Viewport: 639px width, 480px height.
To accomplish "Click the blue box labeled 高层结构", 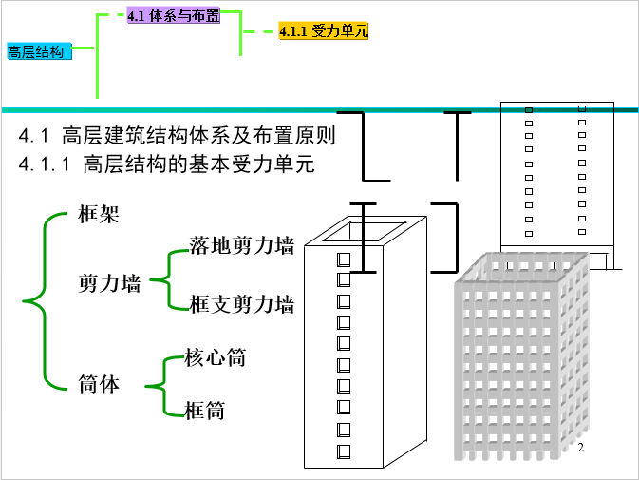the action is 39,51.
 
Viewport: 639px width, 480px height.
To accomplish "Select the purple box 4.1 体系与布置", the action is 174,15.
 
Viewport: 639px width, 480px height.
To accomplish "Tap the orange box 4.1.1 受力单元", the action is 324,30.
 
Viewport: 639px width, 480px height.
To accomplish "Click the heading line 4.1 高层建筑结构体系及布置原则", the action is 177,135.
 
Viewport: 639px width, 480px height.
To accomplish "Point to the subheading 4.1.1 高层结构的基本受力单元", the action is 166,163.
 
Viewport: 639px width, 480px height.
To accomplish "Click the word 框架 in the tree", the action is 99,214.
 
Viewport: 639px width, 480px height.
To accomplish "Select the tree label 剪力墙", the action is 109,283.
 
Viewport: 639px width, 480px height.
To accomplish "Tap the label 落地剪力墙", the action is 242,245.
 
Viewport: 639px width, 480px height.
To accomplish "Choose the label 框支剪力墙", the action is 242,304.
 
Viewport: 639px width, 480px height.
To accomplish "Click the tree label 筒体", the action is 99,384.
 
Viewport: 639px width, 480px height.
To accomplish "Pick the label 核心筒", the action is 216,357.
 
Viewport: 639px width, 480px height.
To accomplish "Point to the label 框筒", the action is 204,411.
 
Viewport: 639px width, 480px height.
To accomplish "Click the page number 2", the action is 581,448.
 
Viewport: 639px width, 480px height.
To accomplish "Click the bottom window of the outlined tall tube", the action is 344,451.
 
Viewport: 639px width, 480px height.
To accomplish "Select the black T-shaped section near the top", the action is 458,146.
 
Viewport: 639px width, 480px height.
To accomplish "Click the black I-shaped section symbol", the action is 363,238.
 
